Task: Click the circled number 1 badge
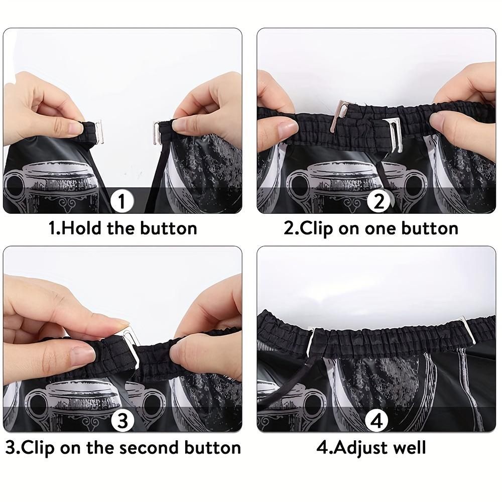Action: pyautogui.click(x=121, y=202)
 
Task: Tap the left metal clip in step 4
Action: pyautogui.click(x=312, y=337)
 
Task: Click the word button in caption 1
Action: pyautogui.click(x=168, y=229)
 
